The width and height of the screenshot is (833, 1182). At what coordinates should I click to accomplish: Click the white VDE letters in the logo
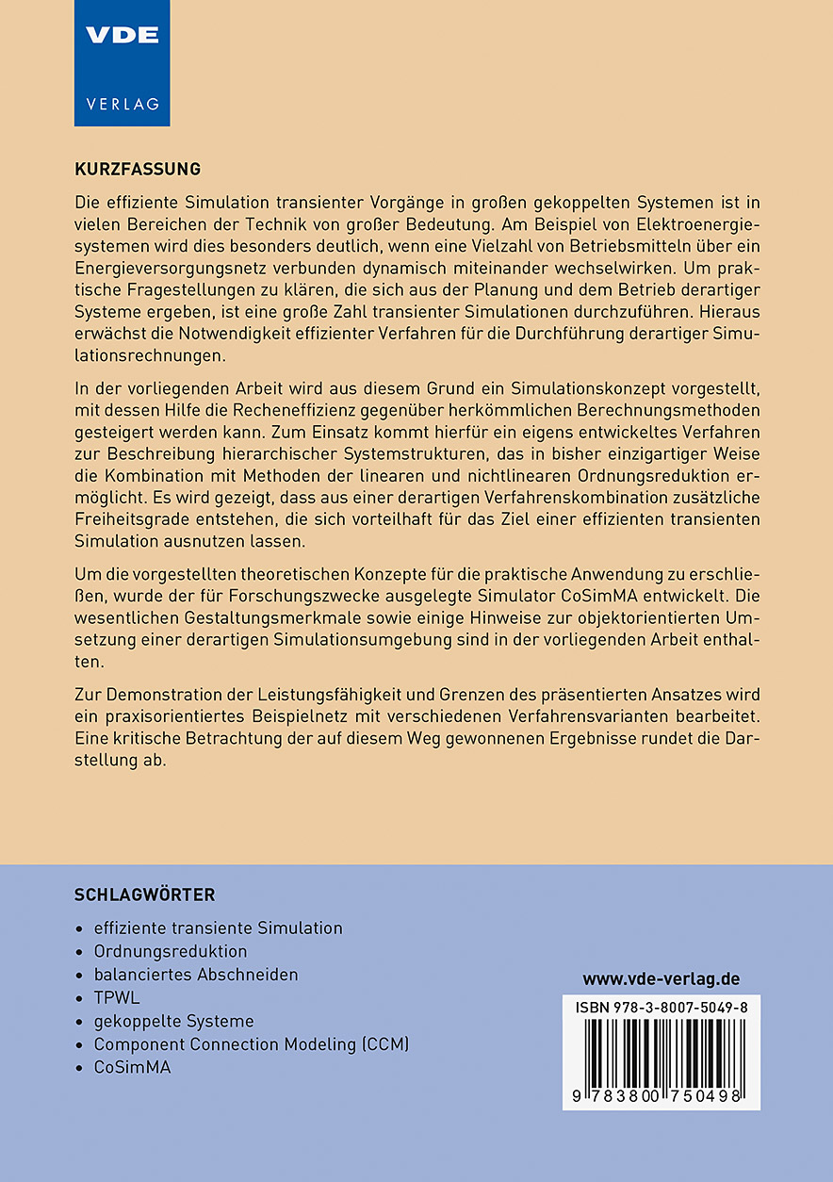click(x=122, y=36)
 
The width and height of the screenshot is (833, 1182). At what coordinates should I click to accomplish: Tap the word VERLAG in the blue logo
click(x=122, y=104)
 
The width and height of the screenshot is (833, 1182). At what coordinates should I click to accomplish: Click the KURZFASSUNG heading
click(x=138, y=170)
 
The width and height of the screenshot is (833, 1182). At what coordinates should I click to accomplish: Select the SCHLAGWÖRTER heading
click(x=144, y=895)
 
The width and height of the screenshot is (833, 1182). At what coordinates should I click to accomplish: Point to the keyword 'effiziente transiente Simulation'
click(x=218, y=928)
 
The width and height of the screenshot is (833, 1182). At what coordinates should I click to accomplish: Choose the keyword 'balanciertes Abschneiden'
click(x=196, y=975)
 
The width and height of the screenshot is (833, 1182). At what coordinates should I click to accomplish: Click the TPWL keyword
click(x=117, y=997)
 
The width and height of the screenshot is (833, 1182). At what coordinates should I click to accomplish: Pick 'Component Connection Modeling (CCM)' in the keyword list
click(x=251, y=1044)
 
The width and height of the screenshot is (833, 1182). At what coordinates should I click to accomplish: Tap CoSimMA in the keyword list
click(x=132, y=1067)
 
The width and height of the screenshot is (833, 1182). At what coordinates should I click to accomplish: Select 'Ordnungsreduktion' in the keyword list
click(x=171, y=951)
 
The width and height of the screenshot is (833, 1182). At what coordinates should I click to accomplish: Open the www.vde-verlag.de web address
click(x=661, y=979)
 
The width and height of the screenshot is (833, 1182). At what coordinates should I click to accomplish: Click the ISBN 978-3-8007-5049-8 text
click(x=661, y=1008)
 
